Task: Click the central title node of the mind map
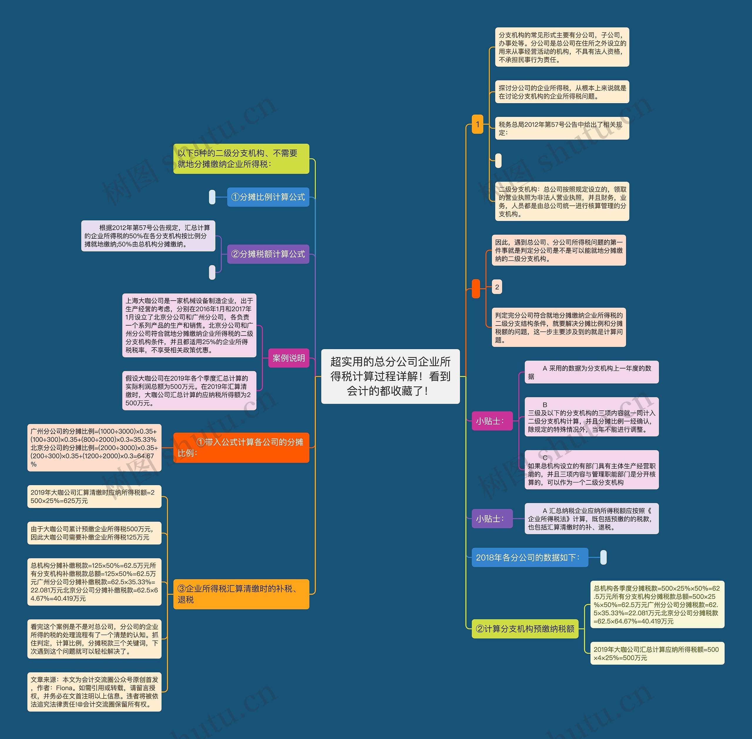click(390, 376)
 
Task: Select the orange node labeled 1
click(477, 124)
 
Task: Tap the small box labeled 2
click(497, 287)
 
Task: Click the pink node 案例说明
click(288, 358)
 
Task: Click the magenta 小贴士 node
click(492, 421)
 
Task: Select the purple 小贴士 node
click(492, 519)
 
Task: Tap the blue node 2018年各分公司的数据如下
click(530, 557)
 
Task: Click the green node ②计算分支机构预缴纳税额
click(525, 629)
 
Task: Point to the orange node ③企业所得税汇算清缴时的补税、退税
click(241, 594)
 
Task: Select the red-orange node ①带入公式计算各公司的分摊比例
click(241, 448)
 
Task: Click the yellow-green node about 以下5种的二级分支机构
click(241, 159)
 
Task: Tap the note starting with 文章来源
click(94, 692)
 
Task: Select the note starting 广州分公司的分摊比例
click(94, 448)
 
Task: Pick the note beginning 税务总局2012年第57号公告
click(561, 128)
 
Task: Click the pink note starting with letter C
click(591, 470)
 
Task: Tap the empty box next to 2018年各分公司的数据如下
click(603, 557)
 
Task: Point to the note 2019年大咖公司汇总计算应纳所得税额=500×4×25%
click(657, 653)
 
